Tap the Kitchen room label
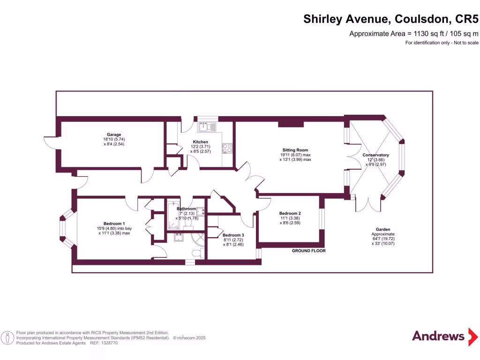click(201, 142)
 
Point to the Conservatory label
click(375, 155)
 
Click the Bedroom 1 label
click(114, 224)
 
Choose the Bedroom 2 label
click(290, 213)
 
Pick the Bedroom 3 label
click(233, 235)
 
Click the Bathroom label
click(186, 209)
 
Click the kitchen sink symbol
click(206, 126)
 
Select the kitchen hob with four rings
click(228, 148)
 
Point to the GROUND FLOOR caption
click(308, 251)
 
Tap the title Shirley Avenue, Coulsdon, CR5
click(391, 19)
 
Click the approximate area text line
click(414, 33)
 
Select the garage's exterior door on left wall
click(50, 142)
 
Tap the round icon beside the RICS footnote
click(7, 337)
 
